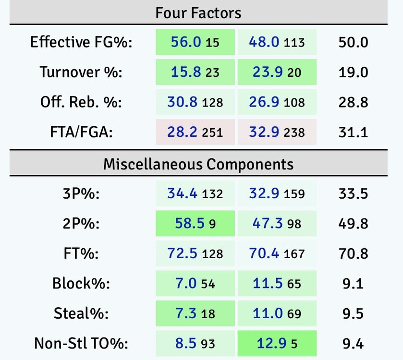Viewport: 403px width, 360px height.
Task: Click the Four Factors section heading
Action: click(198, 12)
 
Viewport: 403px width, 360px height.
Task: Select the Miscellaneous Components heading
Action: click(198, 165)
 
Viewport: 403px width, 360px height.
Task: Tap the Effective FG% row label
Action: click(81, 42)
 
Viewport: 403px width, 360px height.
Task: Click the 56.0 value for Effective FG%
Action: click(185, 42)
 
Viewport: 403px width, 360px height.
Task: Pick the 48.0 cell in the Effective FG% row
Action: click(264, 42)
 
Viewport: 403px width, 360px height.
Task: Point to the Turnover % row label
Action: click(81, 72)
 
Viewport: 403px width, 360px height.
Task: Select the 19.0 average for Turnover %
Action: click(353, 72)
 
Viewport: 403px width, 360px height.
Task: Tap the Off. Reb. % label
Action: click(81, 102)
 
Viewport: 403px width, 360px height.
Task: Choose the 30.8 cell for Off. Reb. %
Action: click(182, 102)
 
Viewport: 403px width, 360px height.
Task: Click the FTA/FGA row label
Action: click(81, 132)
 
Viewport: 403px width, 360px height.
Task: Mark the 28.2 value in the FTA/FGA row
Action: click(182, 132)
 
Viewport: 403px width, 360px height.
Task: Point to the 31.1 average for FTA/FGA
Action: click(353, 132)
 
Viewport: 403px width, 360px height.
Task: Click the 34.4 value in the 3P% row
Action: click(182, 193)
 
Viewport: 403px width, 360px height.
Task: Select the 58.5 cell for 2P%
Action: click(185, 224)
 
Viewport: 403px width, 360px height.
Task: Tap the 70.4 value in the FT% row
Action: click(264, 253)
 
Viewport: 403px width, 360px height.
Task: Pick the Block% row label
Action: click(81, 284)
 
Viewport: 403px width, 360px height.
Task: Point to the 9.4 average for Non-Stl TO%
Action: click(353, 344)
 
